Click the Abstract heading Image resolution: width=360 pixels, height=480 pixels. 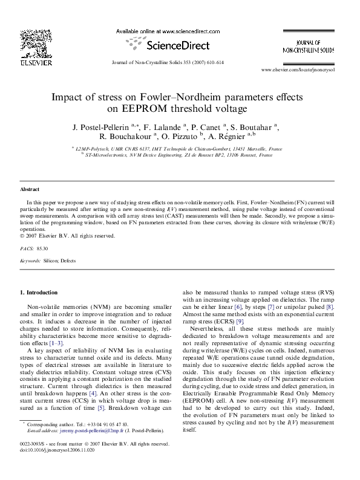pyautogui.click(x=29, y=189)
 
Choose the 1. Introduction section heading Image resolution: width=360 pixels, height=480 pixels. pyautogui.click(x=39, y=293)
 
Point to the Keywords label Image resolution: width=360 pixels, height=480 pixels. pyautogui.click(x=30, y=260)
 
